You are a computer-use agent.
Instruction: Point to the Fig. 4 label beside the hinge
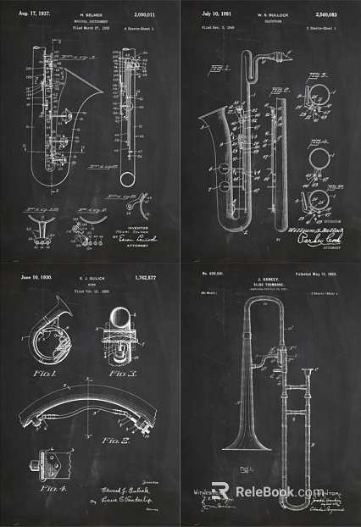[x=36, y=489]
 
